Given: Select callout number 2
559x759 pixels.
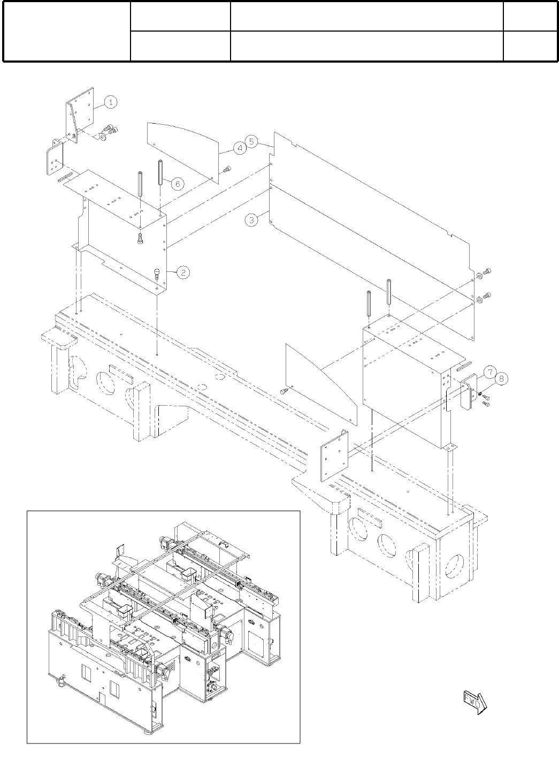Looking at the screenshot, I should click(x=182, y=272).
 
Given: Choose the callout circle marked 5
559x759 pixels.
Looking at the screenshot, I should click(x=253, y=142).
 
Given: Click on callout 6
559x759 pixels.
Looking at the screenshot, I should click(x=178, y=184).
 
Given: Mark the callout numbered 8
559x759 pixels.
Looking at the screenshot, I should click(x=501, y=379).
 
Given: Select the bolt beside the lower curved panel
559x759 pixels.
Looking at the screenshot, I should click(x=284, y=392).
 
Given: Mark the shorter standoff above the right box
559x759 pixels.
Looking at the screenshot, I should click(x=370, y=307).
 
